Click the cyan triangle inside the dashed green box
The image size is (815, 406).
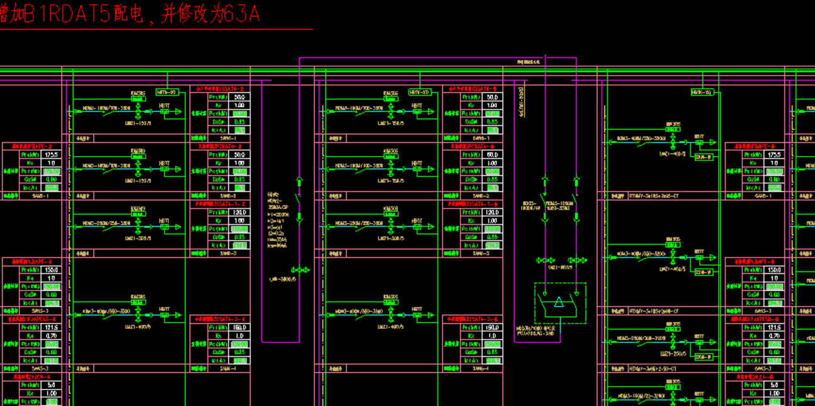coord(559,304)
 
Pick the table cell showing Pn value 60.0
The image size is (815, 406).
coord(492,155)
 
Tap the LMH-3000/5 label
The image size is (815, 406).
coord(282,279)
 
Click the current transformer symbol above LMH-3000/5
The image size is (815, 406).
coord(300,270)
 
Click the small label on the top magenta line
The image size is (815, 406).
coord(528,62)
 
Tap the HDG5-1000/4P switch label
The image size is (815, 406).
coord(531,207)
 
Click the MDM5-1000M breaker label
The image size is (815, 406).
coord(558,207)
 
